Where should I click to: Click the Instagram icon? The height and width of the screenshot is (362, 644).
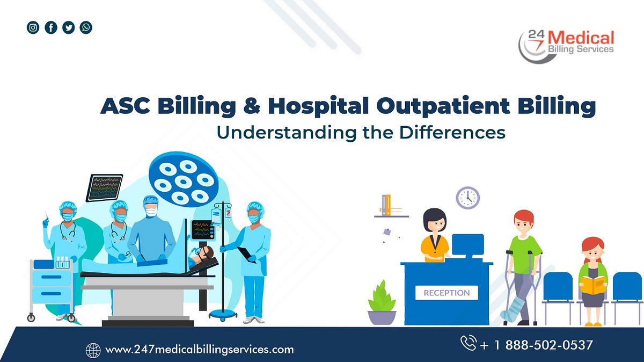click(x=33, y=27)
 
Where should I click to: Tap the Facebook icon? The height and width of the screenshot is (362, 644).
click(x=50, y=27)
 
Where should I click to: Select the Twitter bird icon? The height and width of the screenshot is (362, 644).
click(x=68, y=27)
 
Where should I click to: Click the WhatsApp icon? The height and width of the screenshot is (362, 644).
click(x=86, y=27)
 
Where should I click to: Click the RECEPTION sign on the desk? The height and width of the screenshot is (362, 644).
click(x=447, y=293)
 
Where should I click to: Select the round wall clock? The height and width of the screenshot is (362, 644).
click(x=467, y=198)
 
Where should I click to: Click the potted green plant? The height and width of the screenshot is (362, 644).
click(x=382, y=301)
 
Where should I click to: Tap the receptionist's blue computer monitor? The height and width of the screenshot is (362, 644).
click(x=467, y=245)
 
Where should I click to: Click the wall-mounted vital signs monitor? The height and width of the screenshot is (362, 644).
click(x=104, y=187)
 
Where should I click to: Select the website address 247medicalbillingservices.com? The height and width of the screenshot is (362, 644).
click(x=200, y=350)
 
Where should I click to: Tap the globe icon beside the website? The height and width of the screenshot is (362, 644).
click(x=93, y=350)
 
